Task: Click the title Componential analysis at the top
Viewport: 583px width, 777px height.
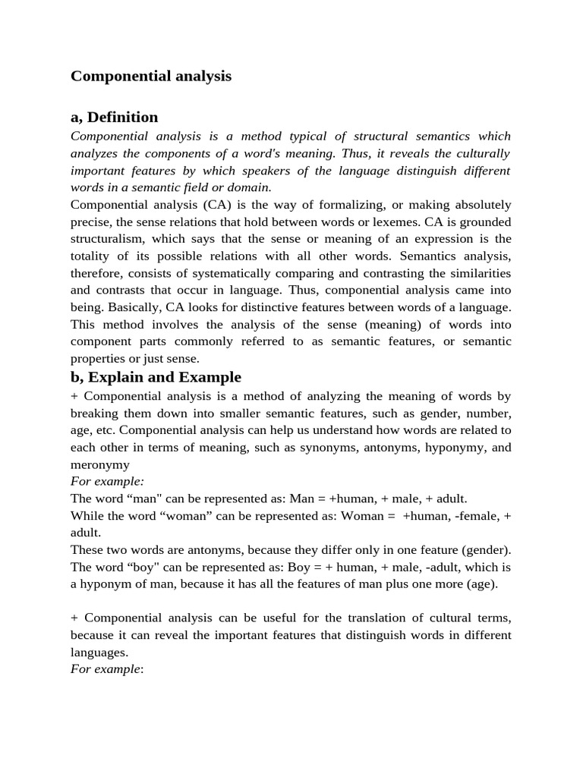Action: click(x=151, y=77)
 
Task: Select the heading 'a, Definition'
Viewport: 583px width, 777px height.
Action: click(x=115, y=117)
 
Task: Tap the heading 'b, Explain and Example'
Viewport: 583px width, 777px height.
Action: click(x=156, y=377)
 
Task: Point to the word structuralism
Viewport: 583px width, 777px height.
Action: click(x=107, y=239)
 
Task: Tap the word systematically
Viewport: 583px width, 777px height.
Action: click(x=230, y=273)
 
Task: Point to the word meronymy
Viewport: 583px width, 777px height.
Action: click(x=99, y=464)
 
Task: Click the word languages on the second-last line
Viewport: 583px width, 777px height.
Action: click(x=99, y=653)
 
